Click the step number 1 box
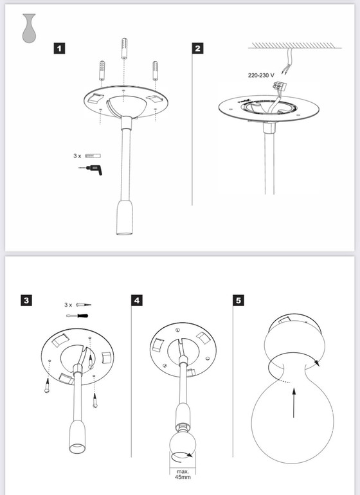coord(59,48)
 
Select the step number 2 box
coord(198,48)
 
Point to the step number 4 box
coord(136,300)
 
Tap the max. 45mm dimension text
coord(184,476)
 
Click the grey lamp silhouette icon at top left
coord(28,28)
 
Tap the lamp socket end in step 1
coord(123,221)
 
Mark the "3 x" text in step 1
coord(76,156)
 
